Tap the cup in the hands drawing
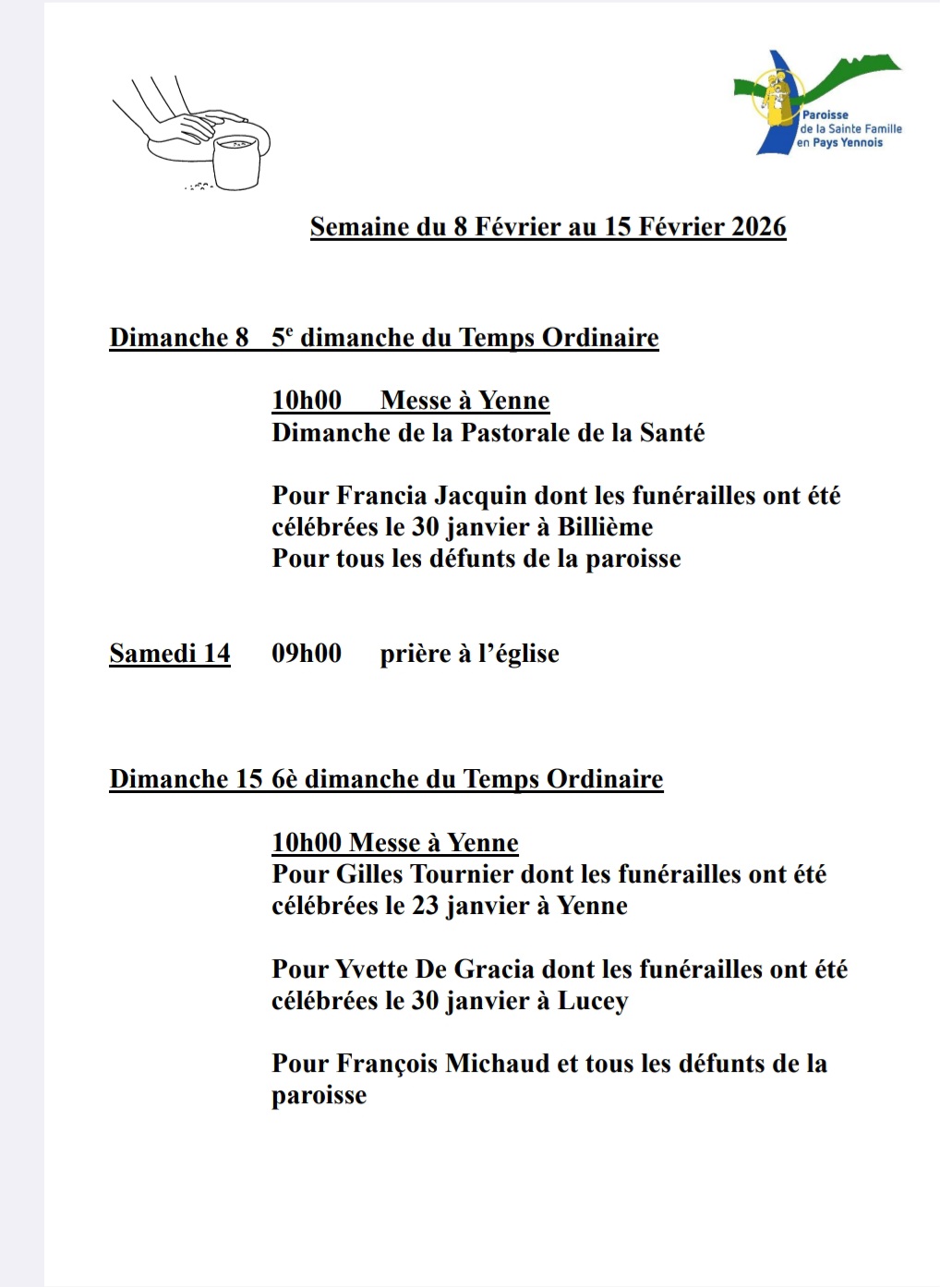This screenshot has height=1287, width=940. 236,162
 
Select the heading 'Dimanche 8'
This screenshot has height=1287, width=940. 179,338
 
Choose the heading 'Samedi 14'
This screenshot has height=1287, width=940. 170,654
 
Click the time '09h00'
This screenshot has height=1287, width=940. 307,654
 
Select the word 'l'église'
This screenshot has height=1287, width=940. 519,654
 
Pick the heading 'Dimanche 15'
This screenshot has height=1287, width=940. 186,779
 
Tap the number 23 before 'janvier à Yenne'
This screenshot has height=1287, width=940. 425,906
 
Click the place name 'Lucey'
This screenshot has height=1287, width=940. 593,1002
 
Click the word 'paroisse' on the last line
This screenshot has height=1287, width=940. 319,1096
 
